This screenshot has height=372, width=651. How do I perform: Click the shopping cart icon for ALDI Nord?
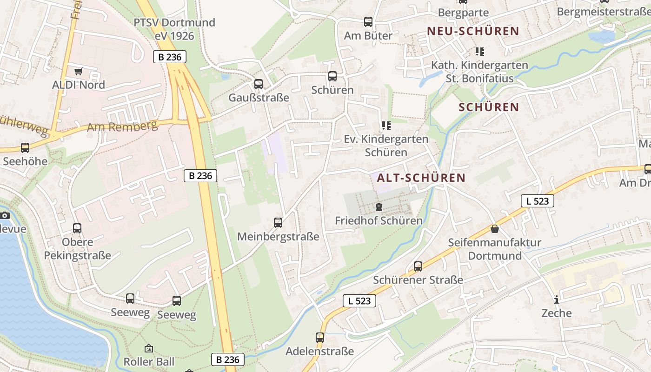78,72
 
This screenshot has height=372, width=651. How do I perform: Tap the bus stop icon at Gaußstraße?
259,84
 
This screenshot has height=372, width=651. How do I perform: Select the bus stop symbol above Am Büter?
368,22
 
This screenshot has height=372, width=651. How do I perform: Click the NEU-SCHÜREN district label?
473,31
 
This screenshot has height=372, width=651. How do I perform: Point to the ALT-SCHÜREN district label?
421,178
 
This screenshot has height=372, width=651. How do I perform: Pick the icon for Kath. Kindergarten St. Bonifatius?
480,52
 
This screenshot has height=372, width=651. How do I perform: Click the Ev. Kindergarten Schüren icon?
386,126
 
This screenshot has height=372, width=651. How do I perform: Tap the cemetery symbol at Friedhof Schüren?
379,207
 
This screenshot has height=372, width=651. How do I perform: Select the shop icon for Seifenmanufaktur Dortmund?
495,229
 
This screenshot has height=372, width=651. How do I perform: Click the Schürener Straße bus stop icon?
418,266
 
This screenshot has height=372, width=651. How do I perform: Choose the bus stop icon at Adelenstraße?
320,338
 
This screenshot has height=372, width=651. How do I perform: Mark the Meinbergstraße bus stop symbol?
278,223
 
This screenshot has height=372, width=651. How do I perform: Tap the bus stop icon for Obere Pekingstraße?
77,228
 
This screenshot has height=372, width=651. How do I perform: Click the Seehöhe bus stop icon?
25,148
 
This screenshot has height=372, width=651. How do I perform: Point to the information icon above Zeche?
556,299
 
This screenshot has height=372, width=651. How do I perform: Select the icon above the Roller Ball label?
149,348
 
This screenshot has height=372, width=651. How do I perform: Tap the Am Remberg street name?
122,126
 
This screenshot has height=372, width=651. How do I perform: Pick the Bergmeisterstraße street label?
604,12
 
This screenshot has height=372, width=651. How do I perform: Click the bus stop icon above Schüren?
332,76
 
